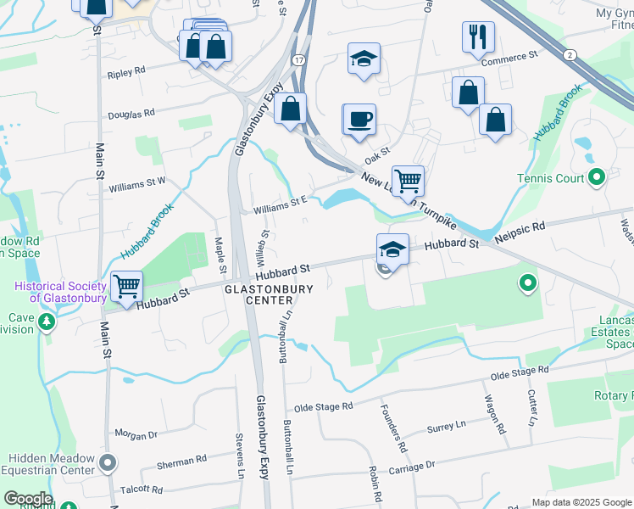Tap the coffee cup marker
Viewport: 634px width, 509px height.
pos(359,119)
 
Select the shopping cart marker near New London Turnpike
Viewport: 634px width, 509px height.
pos(409,180)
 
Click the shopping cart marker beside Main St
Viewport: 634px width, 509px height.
pos(126,287)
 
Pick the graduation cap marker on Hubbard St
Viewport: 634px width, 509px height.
pos(392,249)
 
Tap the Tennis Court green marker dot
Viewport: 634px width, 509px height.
pos(597,178)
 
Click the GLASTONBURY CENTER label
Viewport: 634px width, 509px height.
pos(269,294)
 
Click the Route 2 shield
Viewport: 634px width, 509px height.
pos(570,54)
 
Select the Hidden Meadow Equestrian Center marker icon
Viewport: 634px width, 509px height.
pos(107,463)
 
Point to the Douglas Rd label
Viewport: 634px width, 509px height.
pos(131,113)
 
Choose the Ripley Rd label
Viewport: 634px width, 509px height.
pos(126,75)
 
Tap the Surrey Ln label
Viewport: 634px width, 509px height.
pos(447,428)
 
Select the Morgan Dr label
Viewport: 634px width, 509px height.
pos(136,435)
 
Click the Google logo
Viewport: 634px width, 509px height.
pos(28,499)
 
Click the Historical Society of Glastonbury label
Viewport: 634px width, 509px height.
pos(60,292)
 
